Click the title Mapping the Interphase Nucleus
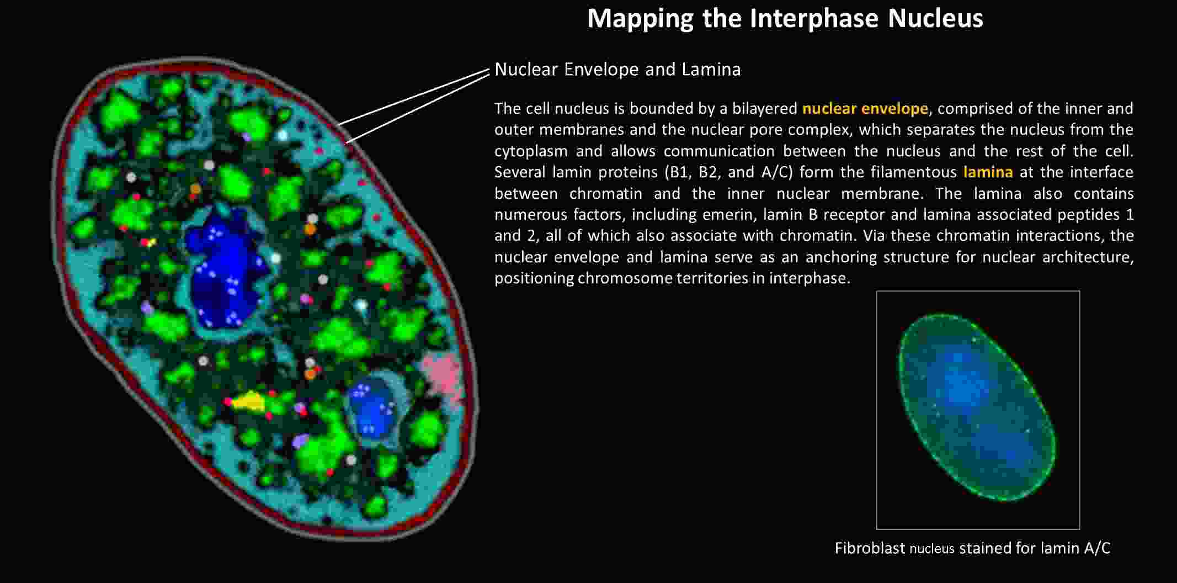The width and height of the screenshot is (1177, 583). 785,18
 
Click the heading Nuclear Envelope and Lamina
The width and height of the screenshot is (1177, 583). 617,70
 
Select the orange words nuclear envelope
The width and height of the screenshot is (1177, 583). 865,109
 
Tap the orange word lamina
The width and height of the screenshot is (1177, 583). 988,172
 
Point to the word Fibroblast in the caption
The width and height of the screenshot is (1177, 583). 870,548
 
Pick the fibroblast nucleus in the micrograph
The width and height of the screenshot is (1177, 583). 977,407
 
